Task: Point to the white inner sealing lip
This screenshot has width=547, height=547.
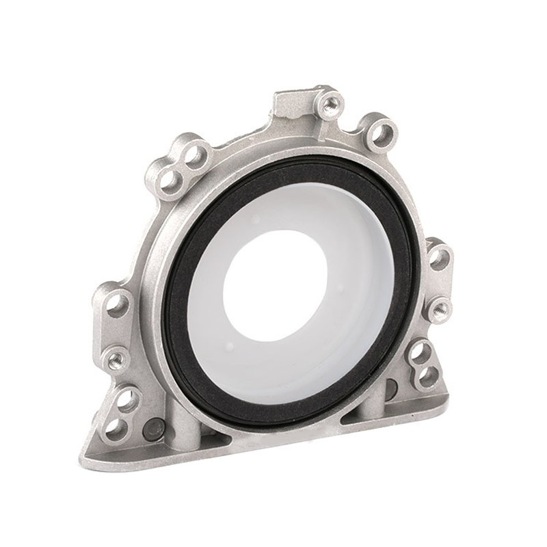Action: click(226, 342)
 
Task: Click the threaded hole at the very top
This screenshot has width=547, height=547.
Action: click(331, 103)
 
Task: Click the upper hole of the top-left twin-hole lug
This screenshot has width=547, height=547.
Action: click(196, 152)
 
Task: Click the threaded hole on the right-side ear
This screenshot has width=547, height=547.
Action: click(440, 307)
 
